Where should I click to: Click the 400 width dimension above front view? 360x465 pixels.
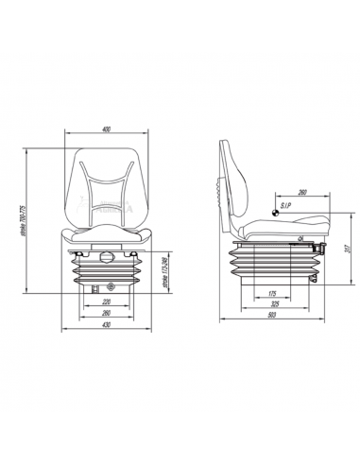coord(107,129)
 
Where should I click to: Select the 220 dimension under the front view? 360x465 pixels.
coord(106,303)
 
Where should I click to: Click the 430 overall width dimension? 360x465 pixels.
coord(106,326)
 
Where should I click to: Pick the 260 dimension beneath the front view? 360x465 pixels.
coord(106,314)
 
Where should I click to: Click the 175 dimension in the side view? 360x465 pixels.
coord(270,295)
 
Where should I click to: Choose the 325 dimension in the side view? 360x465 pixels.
coord(273,306)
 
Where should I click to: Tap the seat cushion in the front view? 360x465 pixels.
coord(107,235)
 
